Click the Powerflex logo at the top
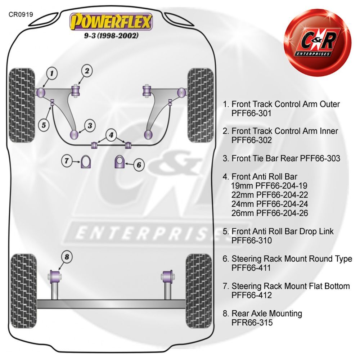111,22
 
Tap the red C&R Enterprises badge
318,42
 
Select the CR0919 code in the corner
21,14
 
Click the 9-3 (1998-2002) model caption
111,36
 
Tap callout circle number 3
90,126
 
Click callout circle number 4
111,135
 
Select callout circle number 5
44,125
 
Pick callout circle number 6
139,165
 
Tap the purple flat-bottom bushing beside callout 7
86,162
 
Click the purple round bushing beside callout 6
120,162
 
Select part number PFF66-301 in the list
251,113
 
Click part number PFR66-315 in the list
252,323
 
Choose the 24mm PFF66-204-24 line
270,204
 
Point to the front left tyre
22,105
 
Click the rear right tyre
199,291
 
